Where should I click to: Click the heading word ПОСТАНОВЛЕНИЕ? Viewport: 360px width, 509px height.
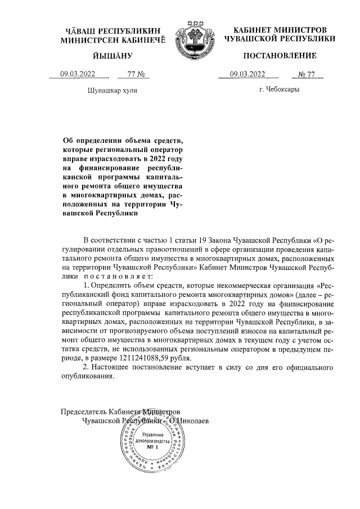click(280, 55)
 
